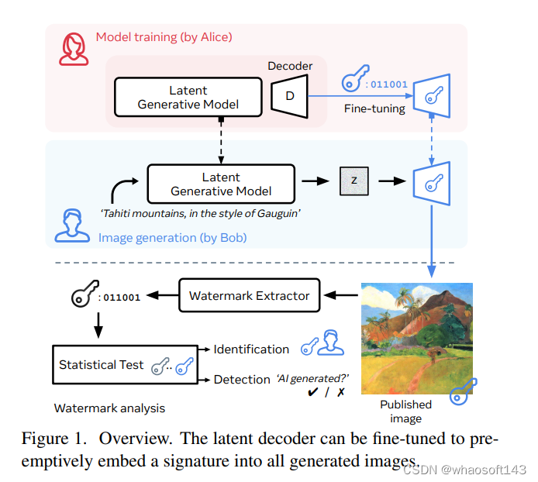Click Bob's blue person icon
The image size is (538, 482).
coord(67,224)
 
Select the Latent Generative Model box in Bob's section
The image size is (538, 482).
coord(221,184)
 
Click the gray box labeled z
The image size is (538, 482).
coord(354,181)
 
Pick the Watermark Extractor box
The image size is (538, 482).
coord(249,295)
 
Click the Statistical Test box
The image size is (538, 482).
coord(101,364)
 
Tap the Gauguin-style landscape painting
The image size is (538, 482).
coord(417,337)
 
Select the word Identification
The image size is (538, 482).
coord(251,349)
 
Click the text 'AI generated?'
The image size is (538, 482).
coord(312,379)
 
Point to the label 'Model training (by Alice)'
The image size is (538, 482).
coord(164,36)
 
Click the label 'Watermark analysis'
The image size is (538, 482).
coord(109,408)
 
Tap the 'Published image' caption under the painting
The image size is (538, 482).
coord(405,411)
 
